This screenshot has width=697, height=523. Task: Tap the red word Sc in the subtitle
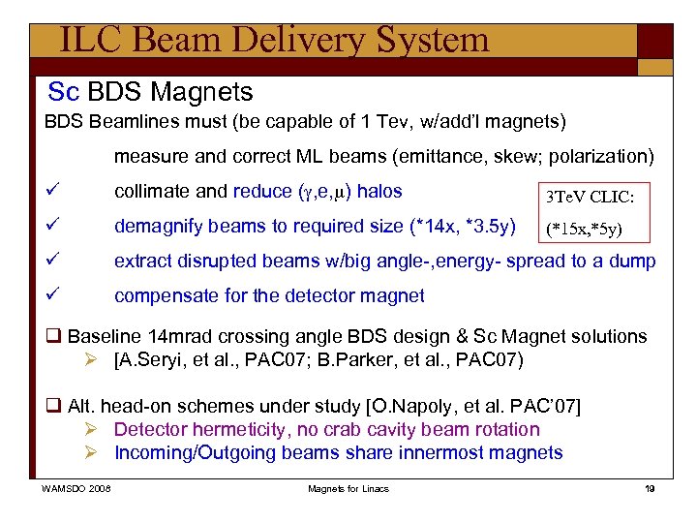click(x=63, y=93)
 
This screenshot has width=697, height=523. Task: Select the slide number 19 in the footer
click(x=651, y=489)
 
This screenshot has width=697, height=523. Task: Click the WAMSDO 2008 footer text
click(x=76, y=489)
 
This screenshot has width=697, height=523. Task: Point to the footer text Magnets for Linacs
click(x=348, y=489)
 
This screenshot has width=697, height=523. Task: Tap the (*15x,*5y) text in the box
click(x=584, y=231)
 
